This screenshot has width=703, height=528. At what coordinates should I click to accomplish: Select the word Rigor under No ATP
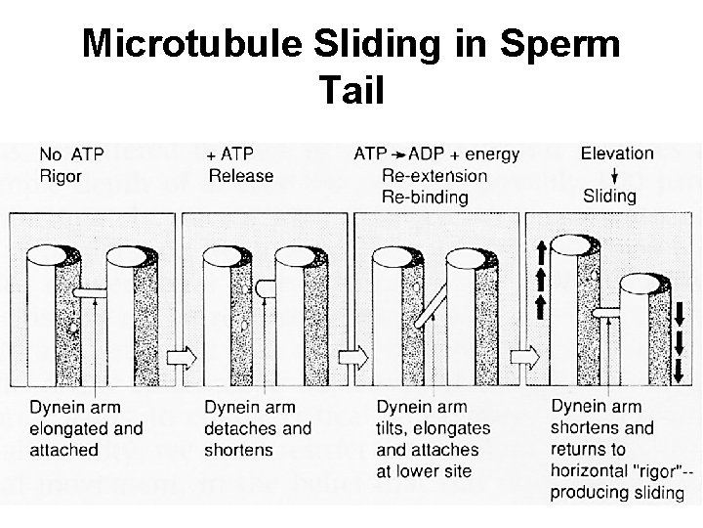60,176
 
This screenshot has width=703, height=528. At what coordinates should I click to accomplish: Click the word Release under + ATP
241,176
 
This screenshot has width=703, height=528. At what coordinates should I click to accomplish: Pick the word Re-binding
424,197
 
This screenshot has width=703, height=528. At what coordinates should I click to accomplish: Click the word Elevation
616,154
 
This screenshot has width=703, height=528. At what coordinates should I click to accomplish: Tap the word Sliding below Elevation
609,196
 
